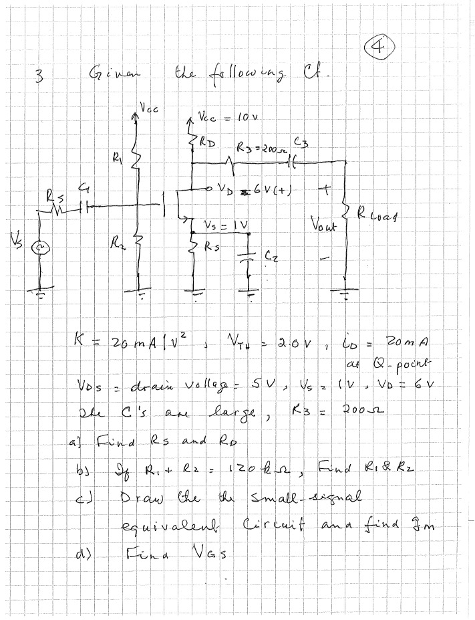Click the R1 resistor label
120,159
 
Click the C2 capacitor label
270,254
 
